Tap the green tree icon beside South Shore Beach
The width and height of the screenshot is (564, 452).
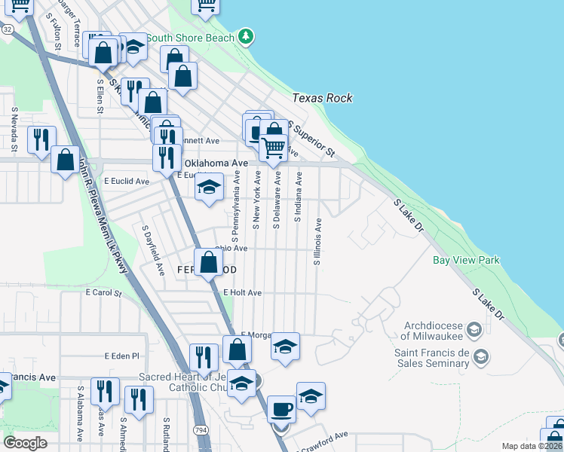click(245, 36)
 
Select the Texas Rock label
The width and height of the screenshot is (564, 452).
click(322, 98)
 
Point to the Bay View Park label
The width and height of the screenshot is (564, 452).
click(466, 261)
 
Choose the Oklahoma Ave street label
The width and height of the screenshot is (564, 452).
click(216, 163)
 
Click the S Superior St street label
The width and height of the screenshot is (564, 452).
click(311, 141)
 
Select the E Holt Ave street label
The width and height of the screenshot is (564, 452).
click(242, 292)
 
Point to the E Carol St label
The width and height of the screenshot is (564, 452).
click(103, 292)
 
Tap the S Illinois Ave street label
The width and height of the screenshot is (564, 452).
click(317, 242)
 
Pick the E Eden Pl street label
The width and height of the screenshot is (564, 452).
click(122, 356)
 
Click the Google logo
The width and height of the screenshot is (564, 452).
click(26, 443)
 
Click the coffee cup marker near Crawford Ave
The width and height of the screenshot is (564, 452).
click(281, 410)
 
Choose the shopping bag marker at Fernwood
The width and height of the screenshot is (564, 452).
click(209, 263)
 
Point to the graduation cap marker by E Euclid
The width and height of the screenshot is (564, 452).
click(209, 188)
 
